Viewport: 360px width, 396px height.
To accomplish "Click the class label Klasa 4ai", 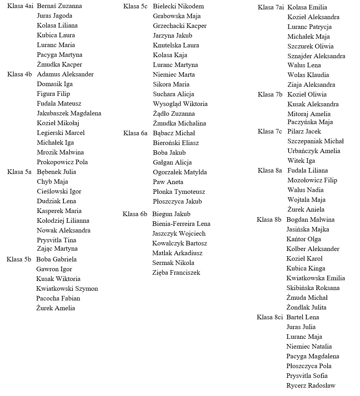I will [20, 6].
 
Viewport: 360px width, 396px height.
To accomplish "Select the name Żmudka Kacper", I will [59, 64].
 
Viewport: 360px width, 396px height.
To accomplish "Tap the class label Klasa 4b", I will [19, 74].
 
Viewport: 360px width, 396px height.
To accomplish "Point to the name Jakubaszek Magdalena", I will [69, 113].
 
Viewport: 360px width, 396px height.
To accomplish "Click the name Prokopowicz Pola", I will [62, 162].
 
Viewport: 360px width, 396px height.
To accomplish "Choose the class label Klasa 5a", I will [19, 172].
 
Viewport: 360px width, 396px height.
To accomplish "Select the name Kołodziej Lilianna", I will [63, 221].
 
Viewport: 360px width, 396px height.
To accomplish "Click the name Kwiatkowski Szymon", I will [67, 289].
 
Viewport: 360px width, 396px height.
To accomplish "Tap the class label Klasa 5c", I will [135, 6].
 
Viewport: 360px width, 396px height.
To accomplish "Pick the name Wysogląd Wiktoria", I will [180, 104].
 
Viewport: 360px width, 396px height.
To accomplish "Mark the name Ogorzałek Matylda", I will [180, 172].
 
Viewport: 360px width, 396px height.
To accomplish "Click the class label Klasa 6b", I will [135, 214].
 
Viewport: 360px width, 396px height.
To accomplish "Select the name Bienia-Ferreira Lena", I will [181, 224].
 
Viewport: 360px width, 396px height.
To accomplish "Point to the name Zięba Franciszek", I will [176, 273].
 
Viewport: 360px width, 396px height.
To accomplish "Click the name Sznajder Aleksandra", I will [316, 56].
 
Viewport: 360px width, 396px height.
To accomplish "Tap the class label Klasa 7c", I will [270, 131].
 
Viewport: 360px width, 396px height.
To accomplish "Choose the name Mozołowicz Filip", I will [312, 180].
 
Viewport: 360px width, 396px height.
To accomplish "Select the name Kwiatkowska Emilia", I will [315, 278].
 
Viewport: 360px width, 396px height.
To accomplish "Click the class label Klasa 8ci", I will [269, 317].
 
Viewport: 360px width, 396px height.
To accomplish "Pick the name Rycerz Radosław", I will [311, 386].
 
